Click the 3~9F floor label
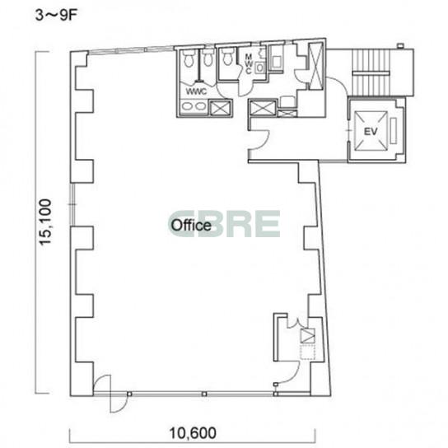[56, 15]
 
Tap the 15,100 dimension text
[46, 222]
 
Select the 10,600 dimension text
[193, 433]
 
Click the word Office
[191, 225]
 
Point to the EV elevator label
[371, 132]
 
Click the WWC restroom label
[196, 91]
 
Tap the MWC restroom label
[249, 64]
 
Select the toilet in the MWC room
[228, 56]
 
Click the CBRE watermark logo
[224, 223]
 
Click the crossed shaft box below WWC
[220, 108]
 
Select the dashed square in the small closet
[307, 352]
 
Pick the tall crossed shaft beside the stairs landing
[315, 66]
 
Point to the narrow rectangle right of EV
[394, 131]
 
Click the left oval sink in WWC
[188, 106]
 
